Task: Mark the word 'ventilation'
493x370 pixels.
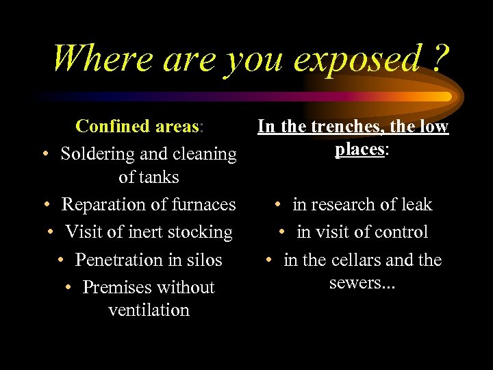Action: [x=149, y=310]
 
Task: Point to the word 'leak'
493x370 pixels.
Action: [x=417, y=204]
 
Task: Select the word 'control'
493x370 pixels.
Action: [x=402, y=232]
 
